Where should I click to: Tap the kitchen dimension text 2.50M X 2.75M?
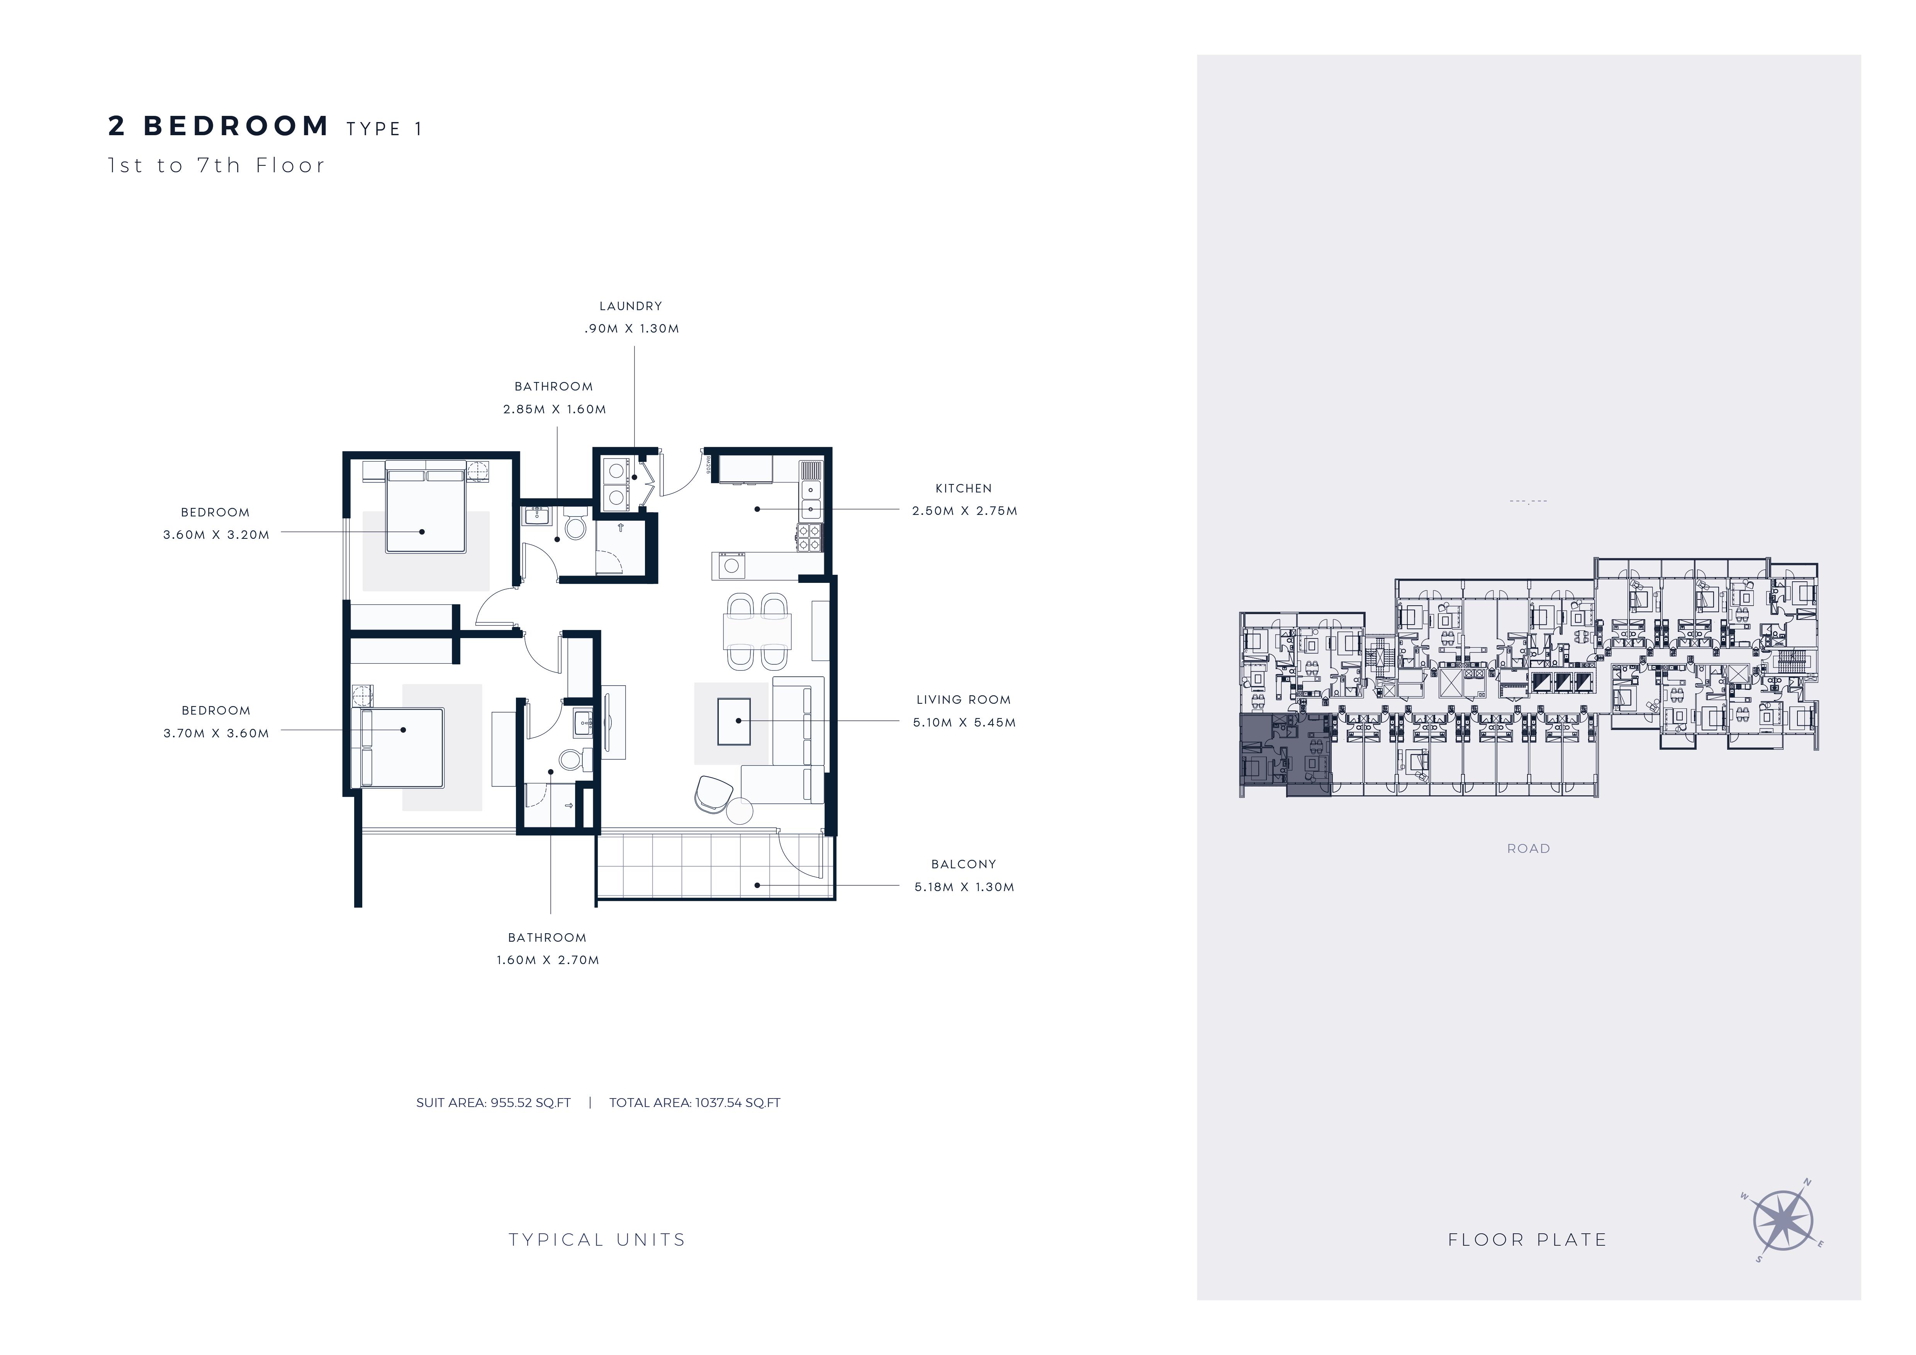click(x=965, y=511)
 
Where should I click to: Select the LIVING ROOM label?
click(x=964, y=700)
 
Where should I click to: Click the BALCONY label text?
click(x=964, y=864)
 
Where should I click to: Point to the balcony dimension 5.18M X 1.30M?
click(x=965, y=887)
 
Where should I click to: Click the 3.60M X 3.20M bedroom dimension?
click(x=216, y=535)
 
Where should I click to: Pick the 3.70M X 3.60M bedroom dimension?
click(x=216, y=734)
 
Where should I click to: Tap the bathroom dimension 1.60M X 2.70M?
click(x=547, y=960)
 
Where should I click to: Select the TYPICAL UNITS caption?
click(x=597, y=1240)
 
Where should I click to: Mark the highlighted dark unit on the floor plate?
click(x=1285, y=755)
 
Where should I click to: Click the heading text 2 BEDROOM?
click(x=219, y=126)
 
